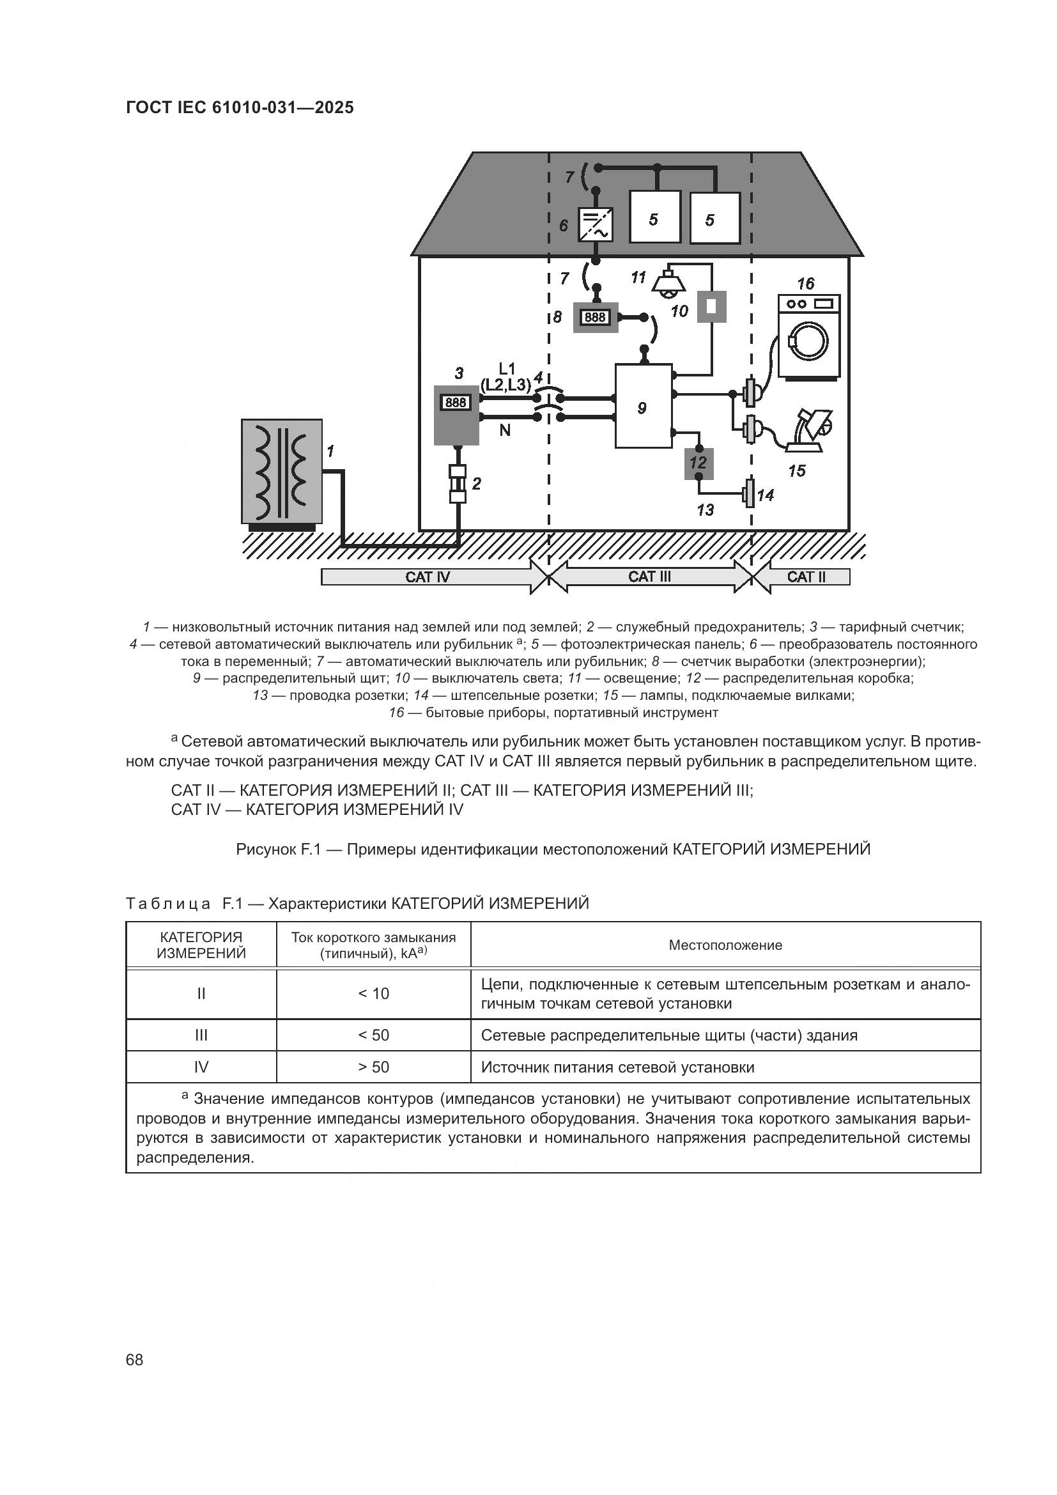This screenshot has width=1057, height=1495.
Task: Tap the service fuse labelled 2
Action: [458, 484]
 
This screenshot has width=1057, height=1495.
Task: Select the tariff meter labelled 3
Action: [456, 415]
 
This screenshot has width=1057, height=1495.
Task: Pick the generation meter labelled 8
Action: [595, 317]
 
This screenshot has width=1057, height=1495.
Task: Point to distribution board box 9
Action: [643, 407]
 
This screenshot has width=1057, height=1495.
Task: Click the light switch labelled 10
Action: [712, 306]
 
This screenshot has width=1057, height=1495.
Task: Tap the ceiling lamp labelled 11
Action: [668, 284]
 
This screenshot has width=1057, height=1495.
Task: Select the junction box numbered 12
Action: [698, 463]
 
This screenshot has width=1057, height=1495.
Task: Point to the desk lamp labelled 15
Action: [810, 430]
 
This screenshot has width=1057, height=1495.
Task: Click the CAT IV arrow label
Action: [428, 577]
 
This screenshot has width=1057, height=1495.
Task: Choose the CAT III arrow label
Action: [649, 577]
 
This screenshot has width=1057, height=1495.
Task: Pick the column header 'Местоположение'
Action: [725, 945]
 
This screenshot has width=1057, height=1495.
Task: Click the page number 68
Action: [135, 1359]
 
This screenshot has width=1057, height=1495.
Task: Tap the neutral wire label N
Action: [504, 430]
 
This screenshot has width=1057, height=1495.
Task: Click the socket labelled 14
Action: [749, 494]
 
